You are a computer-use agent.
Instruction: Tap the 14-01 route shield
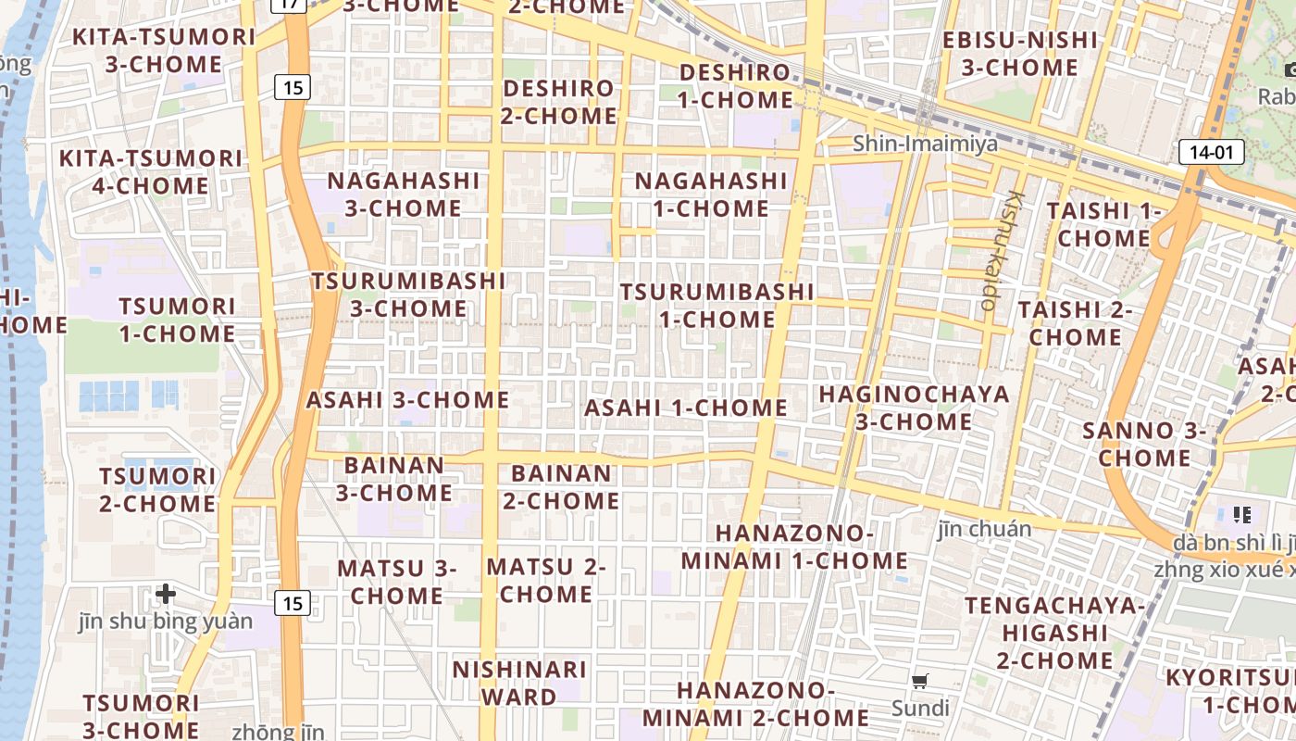pos(1211,152)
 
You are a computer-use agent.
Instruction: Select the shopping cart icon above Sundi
pos(919,682)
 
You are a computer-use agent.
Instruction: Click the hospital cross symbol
pos(166,593)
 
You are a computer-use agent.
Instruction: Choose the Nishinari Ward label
pos(519,683)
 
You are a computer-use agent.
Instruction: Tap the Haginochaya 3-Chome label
pos(914,408)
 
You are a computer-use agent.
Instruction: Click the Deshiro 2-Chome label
pos(558,102)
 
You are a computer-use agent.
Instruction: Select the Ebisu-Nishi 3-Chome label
pos(1019,54)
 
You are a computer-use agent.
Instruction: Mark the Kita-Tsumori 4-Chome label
pos(150,171)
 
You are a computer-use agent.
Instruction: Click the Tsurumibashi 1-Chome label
pos(717,306)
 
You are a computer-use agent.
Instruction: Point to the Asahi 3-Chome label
pos(407,400)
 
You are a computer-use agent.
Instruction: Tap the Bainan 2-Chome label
pos(561,487)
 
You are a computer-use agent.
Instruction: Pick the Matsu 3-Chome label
pos(396,582)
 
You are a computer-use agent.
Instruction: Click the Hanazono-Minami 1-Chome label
pos(794,547)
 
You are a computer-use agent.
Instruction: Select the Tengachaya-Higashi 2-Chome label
pos(1054,633)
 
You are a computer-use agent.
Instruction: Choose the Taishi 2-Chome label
pos(1075,323)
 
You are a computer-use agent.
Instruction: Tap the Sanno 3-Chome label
pos(1144,444)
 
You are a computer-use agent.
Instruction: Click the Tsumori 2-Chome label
pos(157,490)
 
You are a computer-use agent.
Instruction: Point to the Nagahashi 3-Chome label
pos(403,194)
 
